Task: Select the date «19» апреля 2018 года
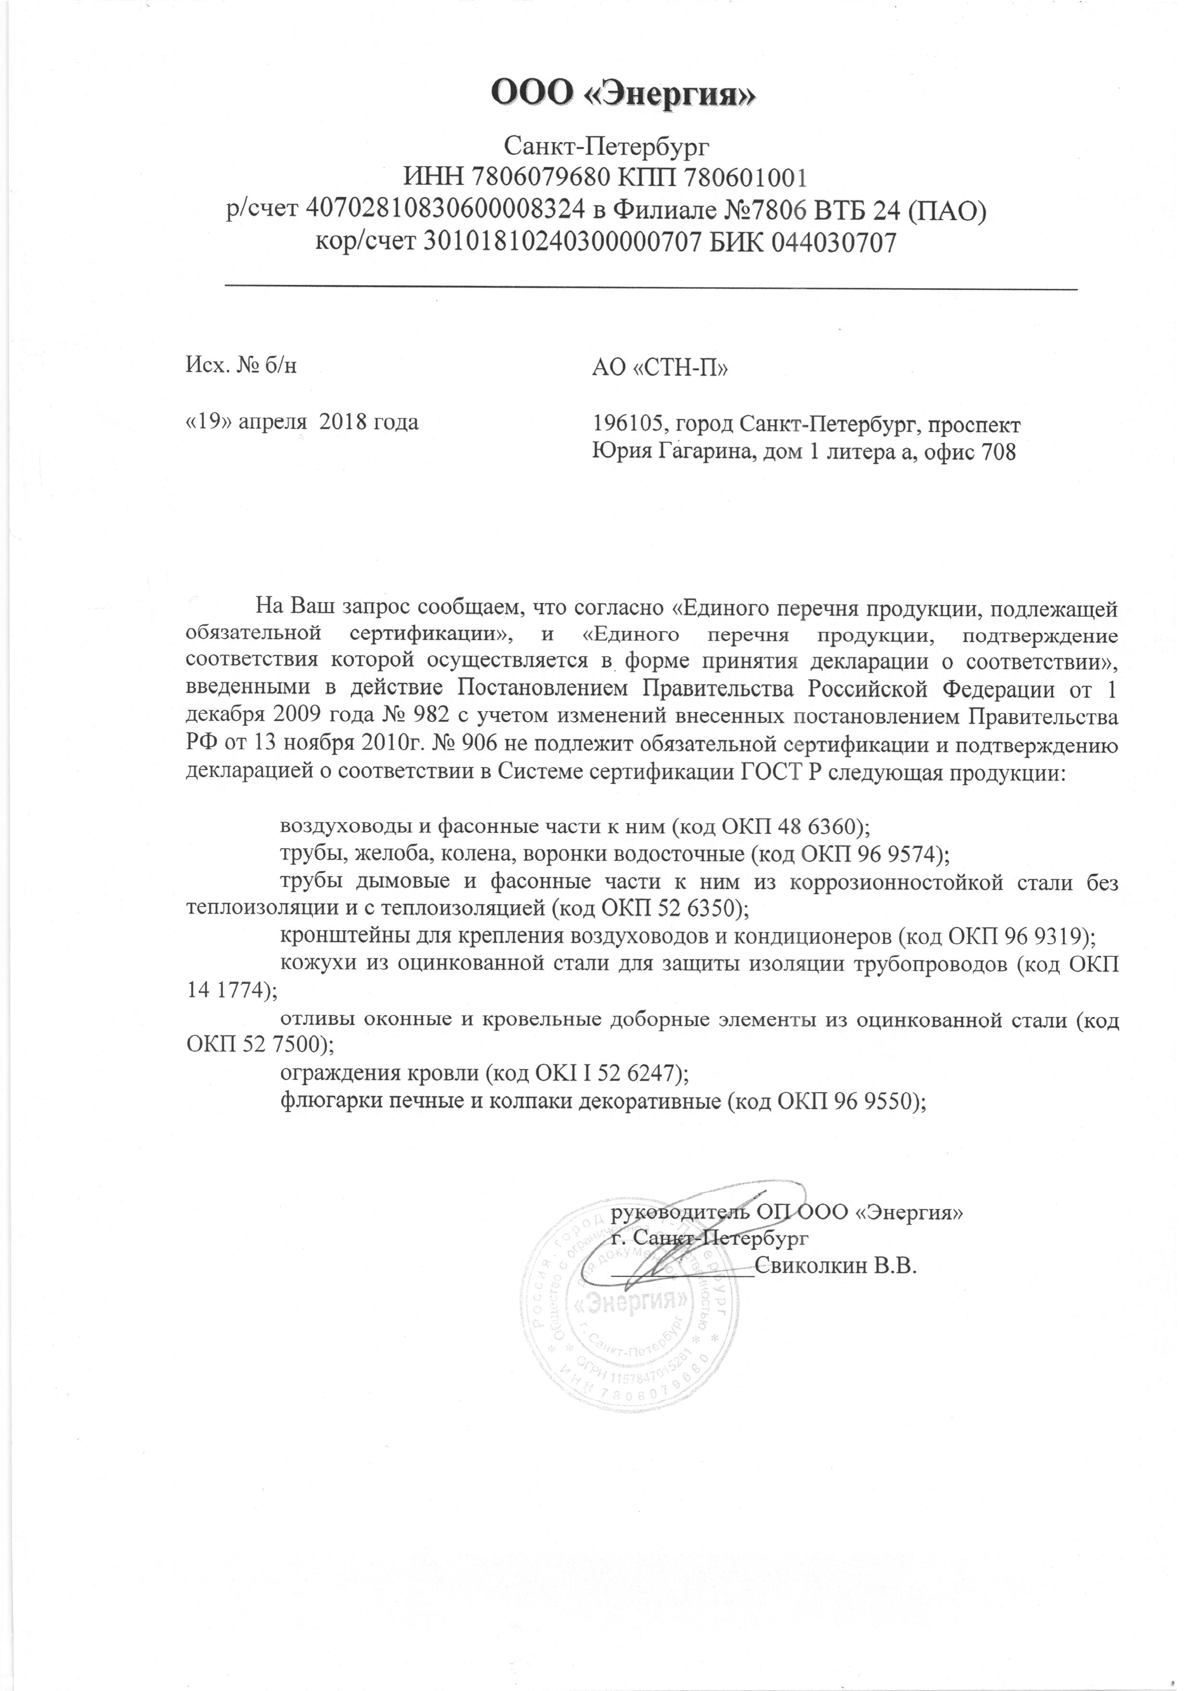303,422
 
